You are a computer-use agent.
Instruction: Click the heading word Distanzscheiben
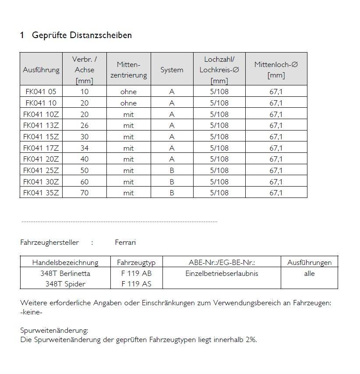point(104,35)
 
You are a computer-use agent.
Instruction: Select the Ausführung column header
point(41,70)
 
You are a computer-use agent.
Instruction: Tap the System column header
point(172,70)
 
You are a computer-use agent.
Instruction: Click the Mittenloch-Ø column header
point(276,70)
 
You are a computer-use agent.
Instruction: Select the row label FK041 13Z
point(41,126)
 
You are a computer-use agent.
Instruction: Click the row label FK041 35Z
point(41,193)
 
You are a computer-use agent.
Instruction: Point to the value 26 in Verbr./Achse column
point(85,126)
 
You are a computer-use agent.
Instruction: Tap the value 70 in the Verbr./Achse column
point(85,193)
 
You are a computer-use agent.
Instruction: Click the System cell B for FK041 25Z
point(172,170)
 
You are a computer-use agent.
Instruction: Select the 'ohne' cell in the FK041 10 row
point(128,103)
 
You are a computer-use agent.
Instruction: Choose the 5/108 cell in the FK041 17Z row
point(219,148)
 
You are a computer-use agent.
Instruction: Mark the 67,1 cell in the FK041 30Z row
point(276,182)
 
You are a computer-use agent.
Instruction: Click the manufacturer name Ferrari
point(125,242)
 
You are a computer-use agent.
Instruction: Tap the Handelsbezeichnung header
point(65,263)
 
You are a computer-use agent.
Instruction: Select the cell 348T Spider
point(65,284)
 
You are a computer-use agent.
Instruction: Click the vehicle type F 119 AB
point(137,273)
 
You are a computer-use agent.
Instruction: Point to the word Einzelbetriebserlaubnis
point(222,273)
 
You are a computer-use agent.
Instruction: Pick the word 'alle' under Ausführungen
point(309,273)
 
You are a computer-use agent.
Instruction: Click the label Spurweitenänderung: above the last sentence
point(54,330)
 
